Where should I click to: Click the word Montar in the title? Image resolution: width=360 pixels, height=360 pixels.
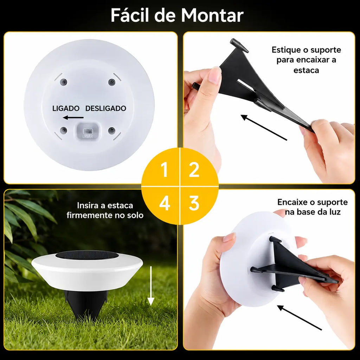212,15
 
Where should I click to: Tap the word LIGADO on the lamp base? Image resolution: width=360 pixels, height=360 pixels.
66,108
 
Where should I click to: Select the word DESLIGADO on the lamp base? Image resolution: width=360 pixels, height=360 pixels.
106,108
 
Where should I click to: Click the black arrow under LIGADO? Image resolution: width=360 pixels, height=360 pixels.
73,117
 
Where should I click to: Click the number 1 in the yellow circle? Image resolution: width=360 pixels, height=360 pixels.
165,170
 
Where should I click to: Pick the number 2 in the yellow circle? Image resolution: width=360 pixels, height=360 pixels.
194,170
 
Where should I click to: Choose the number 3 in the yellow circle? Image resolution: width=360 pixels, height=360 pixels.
194,203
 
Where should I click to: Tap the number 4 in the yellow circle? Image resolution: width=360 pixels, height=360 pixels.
165,203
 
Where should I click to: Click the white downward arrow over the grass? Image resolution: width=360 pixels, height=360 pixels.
150,285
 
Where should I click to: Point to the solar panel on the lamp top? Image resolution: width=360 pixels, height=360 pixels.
87,255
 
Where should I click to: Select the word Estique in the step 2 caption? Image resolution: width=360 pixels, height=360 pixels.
285,50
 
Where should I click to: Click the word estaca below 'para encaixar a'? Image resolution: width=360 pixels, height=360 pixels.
306,70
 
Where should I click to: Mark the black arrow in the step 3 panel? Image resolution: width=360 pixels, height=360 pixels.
300,318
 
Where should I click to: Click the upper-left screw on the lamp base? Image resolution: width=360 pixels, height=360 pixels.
64,82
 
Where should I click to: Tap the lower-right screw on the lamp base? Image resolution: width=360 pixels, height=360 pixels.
111,130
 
